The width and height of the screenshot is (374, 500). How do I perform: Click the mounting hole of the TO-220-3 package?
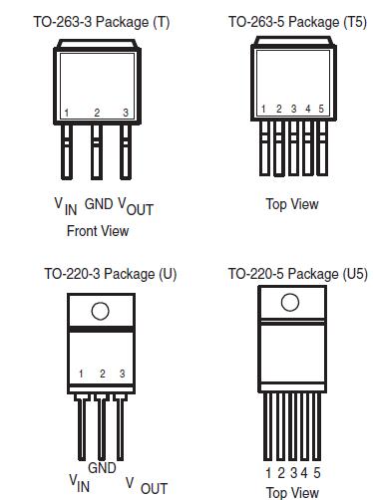coord(100,311)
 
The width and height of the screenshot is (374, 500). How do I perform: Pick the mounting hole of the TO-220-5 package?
coord(290,302)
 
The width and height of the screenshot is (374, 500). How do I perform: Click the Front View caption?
coord(98,231)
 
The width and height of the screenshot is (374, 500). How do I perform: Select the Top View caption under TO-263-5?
coord(292,204)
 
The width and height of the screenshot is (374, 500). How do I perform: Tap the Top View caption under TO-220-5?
coord(292,492)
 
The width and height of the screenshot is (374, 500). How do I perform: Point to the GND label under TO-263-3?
coord(99,203)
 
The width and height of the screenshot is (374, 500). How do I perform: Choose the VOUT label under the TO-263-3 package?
coord(136,206)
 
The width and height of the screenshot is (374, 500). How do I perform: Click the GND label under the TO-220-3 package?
coord(102,467)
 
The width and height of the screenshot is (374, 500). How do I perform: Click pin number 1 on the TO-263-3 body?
coord(66,113)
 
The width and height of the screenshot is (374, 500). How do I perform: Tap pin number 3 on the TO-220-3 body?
coord(122,374)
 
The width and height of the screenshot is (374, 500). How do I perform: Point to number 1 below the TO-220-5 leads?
coord(269,473)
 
